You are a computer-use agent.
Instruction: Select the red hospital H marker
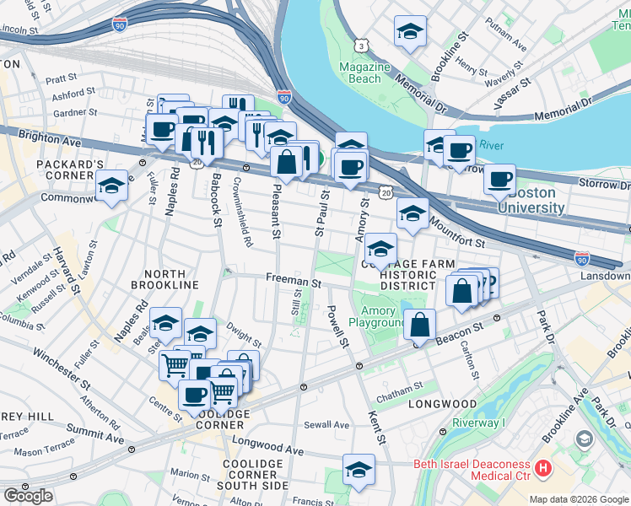[543, 466]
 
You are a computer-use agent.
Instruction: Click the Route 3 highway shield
[360, 45]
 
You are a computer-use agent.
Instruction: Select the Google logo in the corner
[28, 496]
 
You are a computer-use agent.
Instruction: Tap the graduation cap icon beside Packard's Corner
[111, 186]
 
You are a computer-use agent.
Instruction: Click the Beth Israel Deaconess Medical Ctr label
[471, 470]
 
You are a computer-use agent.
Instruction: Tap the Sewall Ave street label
[326, 425]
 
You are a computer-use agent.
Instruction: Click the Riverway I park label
[479, 423]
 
